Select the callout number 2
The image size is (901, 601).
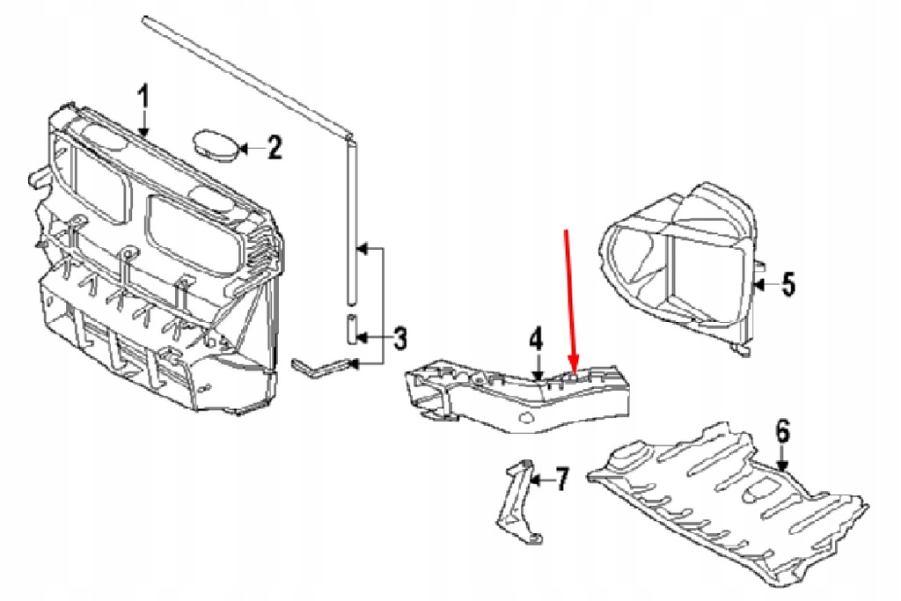pos(275,147)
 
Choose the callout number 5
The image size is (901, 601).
pos(787,283)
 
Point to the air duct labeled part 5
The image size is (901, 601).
pos(682,264)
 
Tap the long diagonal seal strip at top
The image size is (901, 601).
pos(246,75)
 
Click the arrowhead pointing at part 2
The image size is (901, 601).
pos(245,148)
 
